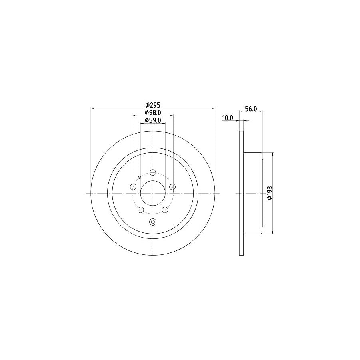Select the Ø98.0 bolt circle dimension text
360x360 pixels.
coord(153,112)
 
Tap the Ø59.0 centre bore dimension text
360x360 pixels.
coord(153,120)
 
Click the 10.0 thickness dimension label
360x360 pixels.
coord(228,118)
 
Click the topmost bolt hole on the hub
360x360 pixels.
coord(153,172)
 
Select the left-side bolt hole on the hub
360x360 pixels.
coord(133,187)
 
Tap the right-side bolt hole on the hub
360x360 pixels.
coord(172,187)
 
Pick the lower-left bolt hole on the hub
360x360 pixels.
coord(141,210)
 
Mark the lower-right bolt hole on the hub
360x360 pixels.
coord(165,210)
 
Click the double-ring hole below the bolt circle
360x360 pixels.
coord(153,222)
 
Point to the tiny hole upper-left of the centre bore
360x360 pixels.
coord(139,177)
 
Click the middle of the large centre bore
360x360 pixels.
coord(153,193)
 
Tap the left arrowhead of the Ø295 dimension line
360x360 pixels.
coord(93,108)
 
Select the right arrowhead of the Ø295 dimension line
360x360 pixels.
coord(213,108)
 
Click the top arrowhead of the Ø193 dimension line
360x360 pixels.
coord(273,154)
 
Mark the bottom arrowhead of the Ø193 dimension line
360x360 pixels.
coord(273,232)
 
